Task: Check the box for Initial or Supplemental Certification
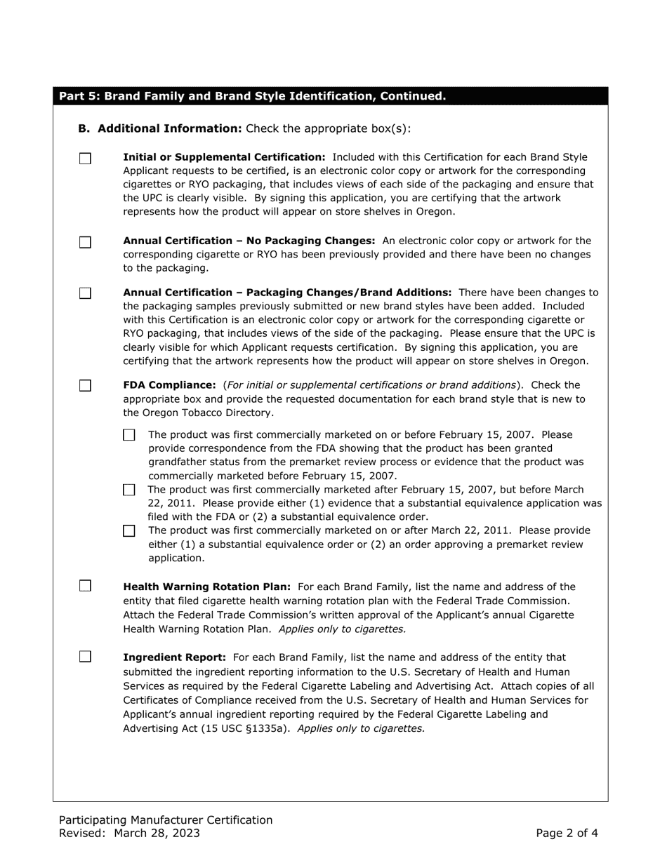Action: click(85, 159)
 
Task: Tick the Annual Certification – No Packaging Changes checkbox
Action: click(85, 243)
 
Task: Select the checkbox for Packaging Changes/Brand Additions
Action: click(85, 293)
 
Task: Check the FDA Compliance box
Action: click(85, 386)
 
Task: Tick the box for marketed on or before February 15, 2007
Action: click(128, 436)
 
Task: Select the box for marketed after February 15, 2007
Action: click(128, 490)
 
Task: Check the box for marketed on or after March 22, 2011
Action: click(128, 531)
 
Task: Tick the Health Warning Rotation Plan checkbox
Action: click(85, 586)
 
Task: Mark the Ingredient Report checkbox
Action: click(85, 657)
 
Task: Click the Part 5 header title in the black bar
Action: click(252, 96)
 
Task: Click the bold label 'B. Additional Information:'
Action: click(160, 128)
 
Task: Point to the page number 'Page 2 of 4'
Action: click(567, 834)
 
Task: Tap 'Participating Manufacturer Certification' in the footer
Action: click(166, 819)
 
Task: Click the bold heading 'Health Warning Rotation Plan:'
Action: click(206, 587)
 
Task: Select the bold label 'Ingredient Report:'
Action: click(174, 657)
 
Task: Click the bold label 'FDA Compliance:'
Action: click(169, 385)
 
